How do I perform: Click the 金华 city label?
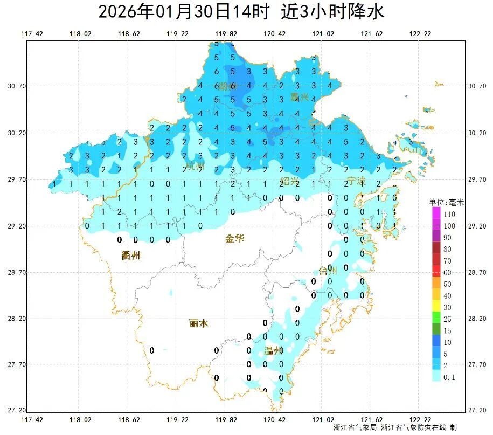pyautogui.click(x=234, y=238)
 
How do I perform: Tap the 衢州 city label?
pyautogui.click(x=131, y=256)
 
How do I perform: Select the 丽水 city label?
pyautogui.click(x=199, y=323)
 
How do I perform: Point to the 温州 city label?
pyautogui.click(x=274, y=351)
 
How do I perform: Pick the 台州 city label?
pyautogui.click(x=327, y=271)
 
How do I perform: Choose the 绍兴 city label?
pyautogui.click(x=289, y=181)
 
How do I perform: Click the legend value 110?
pyautogui.click(x=449, y=214)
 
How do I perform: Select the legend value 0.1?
pyautogui.click(x=449, y=377)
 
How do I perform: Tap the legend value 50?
pyautogui.click(x=447, y=284)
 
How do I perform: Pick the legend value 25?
pyautogui.click(x=447, y=319)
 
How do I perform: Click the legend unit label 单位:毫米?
pyautogui.click(x=446, y=202)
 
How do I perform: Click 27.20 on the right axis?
pyautogui.click(x=477, y=410)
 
